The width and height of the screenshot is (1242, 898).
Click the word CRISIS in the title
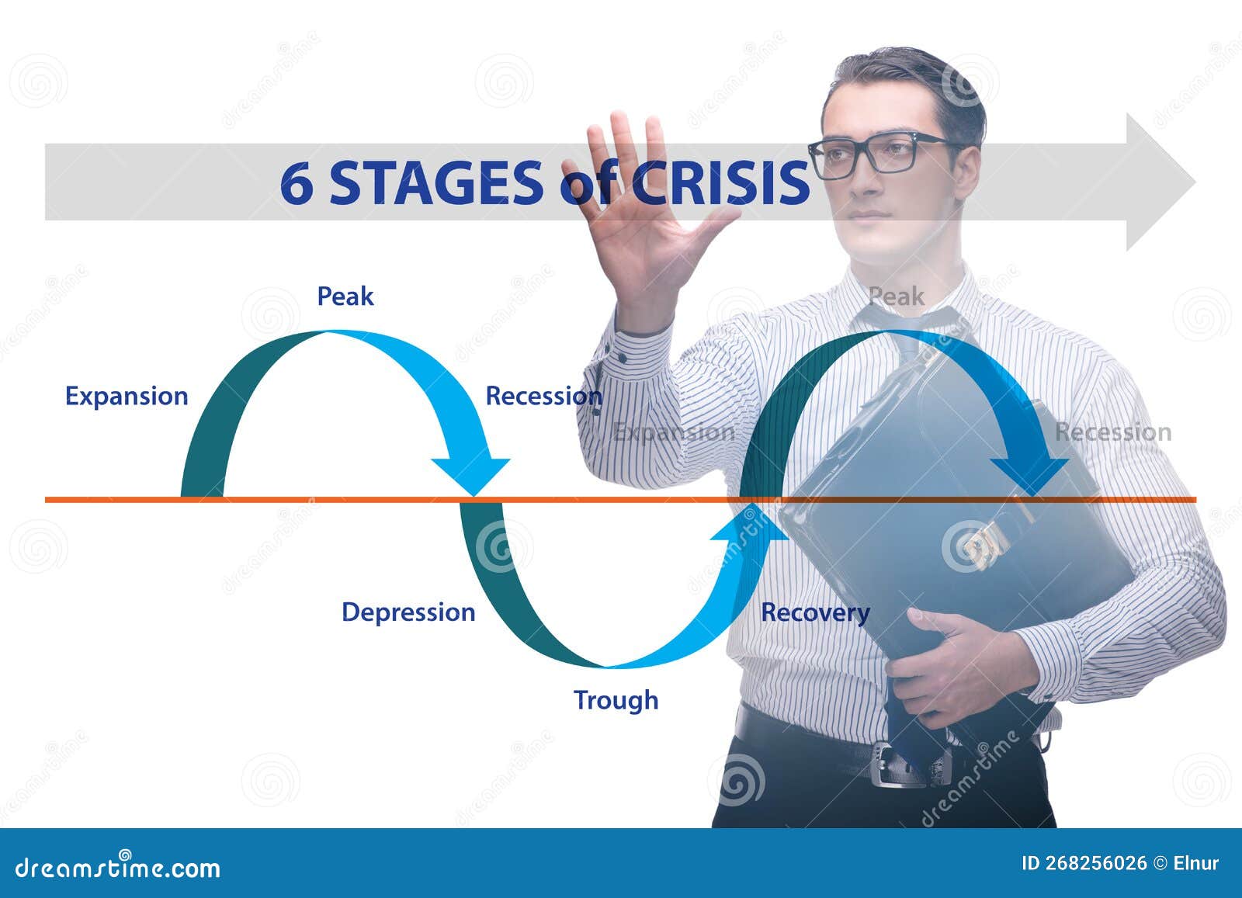[720, 183]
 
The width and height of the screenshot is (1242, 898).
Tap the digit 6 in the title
[297, 183]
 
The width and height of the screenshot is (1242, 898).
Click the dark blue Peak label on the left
[345, 296]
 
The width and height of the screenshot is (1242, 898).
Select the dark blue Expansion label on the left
[127, 396]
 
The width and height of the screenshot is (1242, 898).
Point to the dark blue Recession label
[543, 396]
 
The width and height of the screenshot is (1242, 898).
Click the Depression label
[408, 612]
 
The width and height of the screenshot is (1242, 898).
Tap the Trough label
[616, 700]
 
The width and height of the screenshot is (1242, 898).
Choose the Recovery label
[814, 612]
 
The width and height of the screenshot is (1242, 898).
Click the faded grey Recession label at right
[1112, 432]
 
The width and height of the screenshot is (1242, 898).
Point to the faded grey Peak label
[896, 296]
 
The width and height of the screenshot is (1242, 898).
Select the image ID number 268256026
[1096, 863]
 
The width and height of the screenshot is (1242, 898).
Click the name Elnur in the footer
[1195, 863]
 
